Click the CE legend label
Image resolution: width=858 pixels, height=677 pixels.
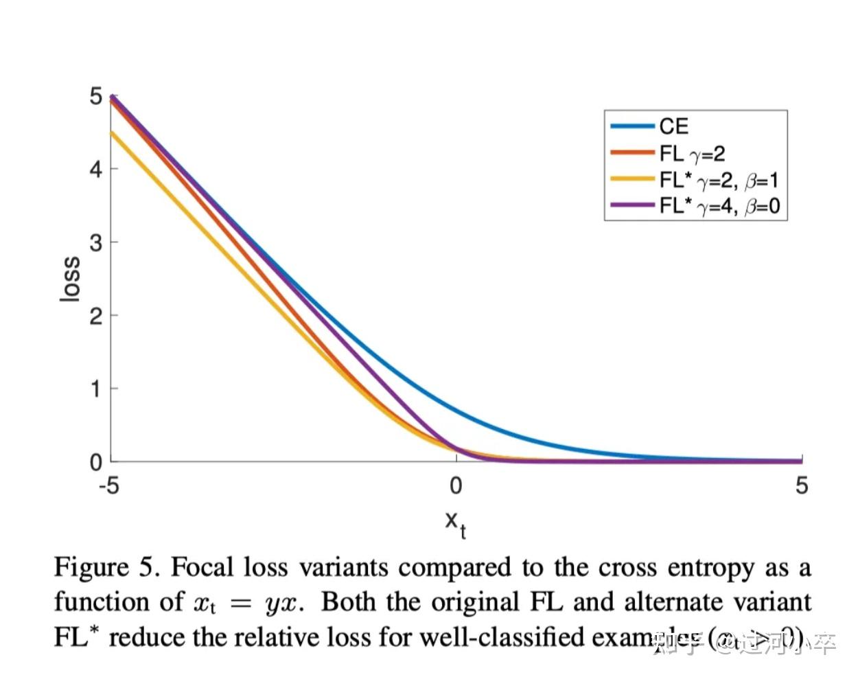coord(673,126)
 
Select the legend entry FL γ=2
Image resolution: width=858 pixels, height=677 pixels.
coord(692,154)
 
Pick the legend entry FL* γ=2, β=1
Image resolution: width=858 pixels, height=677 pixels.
coord(719,180)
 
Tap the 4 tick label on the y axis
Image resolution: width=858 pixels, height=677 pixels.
coord(96,169)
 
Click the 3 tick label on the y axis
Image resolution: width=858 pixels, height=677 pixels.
coord(96,242)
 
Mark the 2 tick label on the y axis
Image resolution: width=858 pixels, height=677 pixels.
coord(96,316)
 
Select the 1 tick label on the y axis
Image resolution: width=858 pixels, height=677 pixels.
coord(96,389)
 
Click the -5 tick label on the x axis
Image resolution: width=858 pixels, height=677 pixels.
coord(108,486)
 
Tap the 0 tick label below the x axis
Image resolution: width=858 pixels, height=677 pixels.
coord(456,486)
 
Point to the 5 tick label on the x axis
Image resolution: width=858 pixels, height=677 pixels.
coord(801,486)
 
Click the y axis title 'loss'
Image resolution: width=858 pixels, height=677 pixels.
coord(70,279)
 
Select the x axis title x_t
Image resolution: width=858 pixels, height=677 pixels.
coord(455,523)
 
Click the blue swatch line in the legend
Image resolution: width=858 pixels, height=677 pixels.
coord(631,126)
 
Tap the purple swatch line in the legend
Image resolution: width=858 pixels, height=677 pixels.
coord(631,205)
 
